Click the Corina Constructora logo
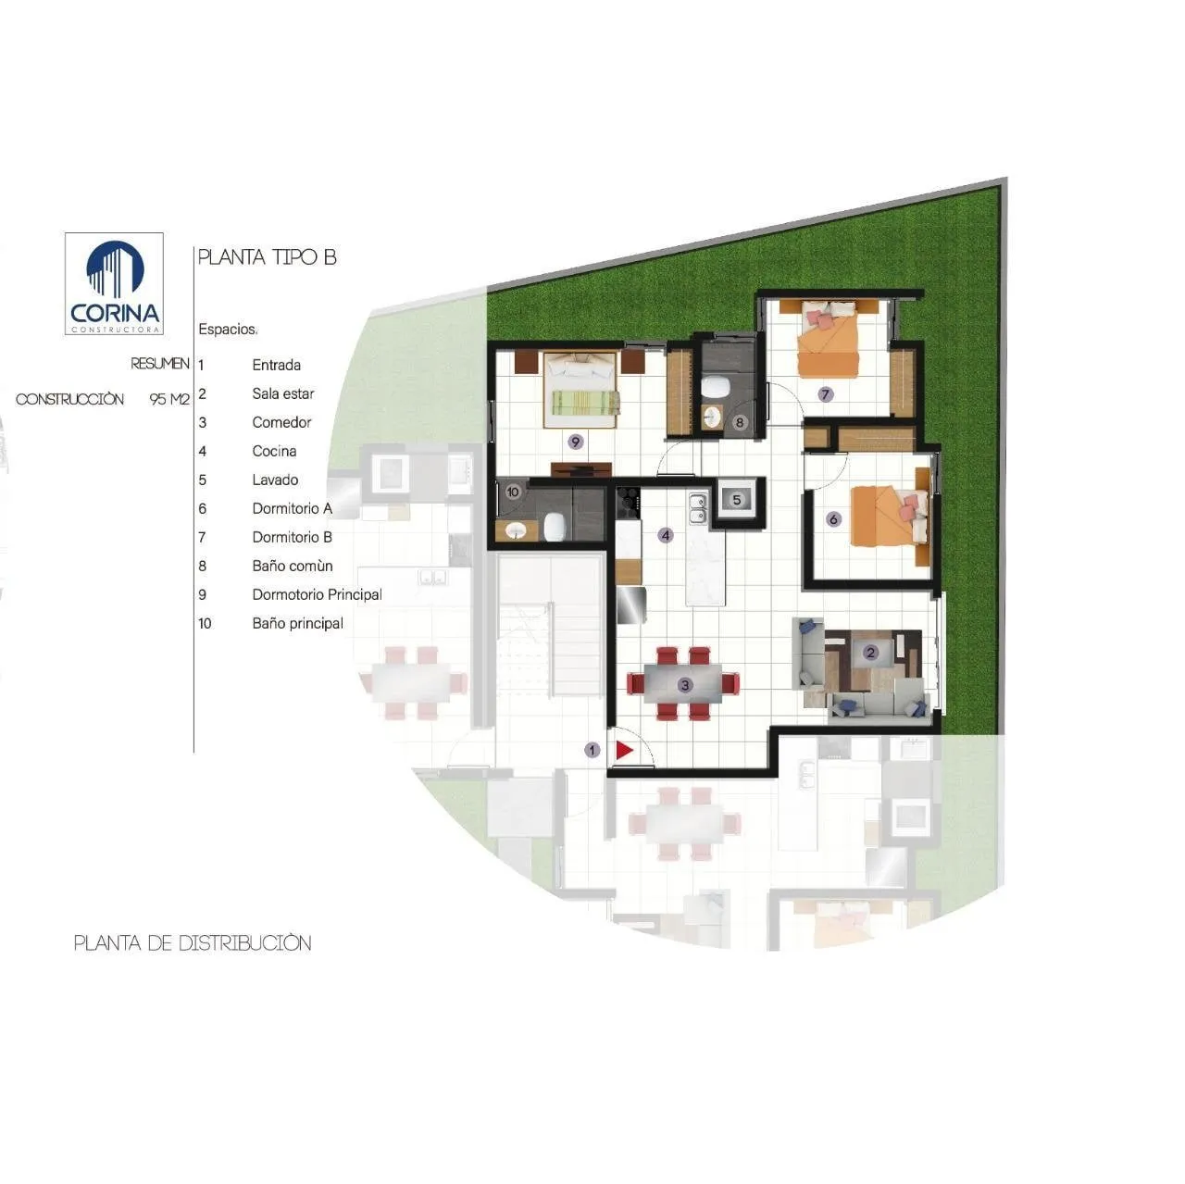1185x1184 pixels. click(114, 283)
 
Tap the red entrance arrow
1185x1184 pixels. click(625, 751)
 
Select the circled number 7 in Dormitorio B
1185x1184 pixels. click(825, 394)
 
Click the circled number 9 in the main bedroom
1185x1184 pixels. click(576, 442)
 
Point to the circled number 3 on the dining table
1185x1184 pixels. click(684, 685)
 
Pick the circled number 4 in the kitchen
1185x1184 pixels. click(666, 536)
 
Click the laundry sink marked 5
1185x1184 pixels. click(737, 500)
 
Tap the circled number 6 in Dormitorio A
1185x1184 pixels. click(833, 519)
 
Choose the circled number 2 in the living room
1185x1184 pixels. click(870, 653)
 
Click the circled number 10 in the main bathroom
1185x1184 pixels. click(512, 492)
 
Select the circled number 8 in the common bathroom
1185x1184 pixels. click(740, 422)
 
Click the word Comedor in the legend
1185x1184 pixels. click(281, 422)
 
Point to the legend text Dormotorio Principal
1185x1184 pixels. click(318, 594)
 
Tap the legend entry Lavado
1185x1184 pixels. click(275, 480)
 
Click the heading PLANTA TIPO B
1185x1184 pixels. click(268, 257)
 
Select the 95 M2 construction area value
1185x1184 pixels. click(169, 399)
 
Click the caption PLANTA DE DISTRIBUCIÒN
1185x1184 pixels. click(193, 943)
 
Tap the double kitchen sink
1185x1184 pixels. click(697, 508)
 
